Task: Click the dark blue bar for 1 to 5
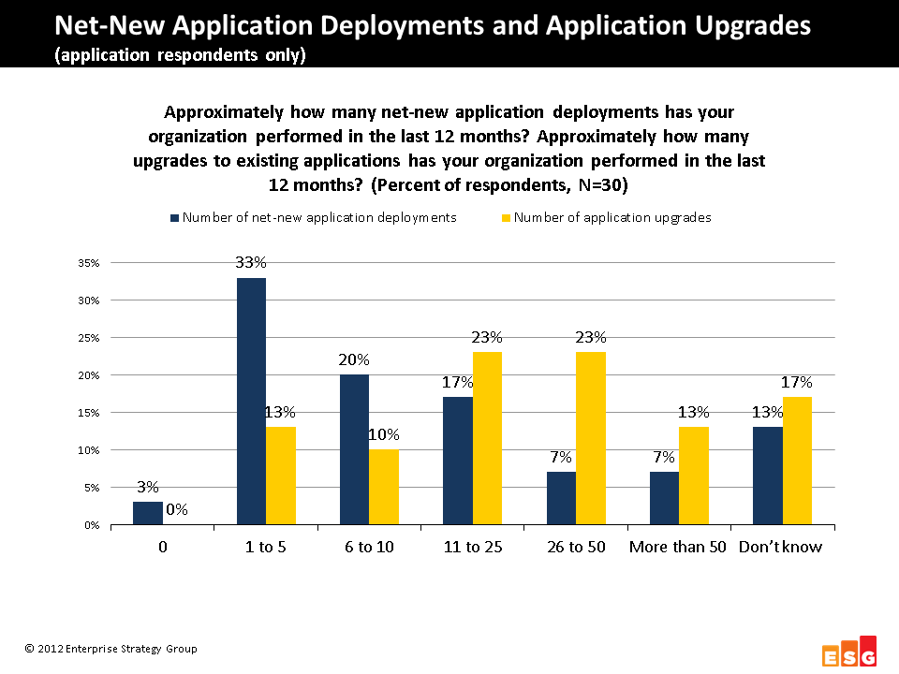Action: coord(251,402)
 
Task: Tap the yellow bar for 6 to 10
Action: coord(384,487)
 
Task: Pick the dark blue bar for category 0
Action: coord(148,513)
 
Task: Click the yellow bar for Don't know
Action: coord(798,461)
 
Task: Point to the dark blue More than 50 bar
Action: coord(664,498)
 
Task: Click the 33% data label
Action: coord(251,263)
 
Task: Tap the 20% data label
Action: coord(354,359)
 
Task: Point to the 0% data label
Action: coord(177,510)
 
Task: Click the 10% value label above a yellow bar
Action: coord(384,434)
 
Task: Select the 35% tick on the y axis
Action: coord(88,263)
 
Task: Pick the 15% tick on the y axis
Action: coord(88,413)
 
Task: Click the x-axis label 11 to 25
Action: coord(472,547)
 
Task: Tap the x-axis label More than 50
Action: coord(678,547)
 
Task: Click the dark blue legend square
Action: coord(174,218)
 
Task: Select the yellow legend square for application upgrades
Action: coord(506,218)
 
